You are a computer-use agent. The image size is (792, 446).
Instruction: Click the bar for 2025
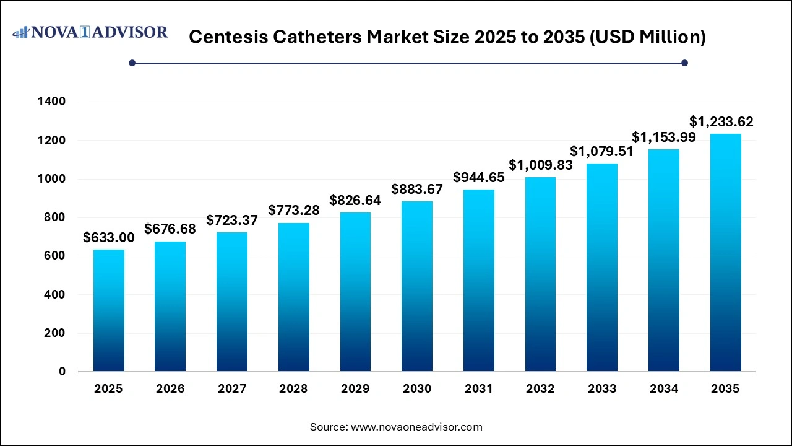[x=109, y=310]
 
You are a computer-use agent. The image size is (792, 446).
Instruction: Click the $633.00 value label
[x=109, y=238]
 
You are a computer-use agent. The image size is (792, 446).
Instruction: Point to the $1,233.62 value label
[x=725, y=121]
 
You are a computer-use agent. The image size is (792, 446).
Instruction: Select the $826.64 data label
[x=355, y=201]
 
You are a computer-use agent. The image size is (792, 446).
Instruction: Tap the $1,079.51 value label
[x=602, y=151]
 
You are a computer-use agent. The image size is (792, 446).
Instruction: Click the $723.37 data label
[x=232, y=220]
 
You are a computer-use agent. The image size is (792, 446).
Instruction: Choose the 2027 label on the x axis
[x=232, y=389]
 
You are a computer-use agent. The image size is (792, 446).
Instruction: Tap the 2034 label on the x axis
[x=663, y=389]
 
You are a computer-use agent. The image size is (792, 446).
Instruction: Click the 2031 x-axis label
[x=479, y=389]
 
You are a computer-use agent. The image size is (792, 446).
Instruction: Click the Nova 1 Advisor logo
[x=90, y=32]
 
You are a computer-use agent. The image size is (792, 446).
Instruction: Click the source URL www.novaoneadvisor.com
[x=416, y=427]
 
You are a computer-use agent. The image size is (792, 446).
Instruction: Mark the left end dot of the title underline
[x=132, y=63]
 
